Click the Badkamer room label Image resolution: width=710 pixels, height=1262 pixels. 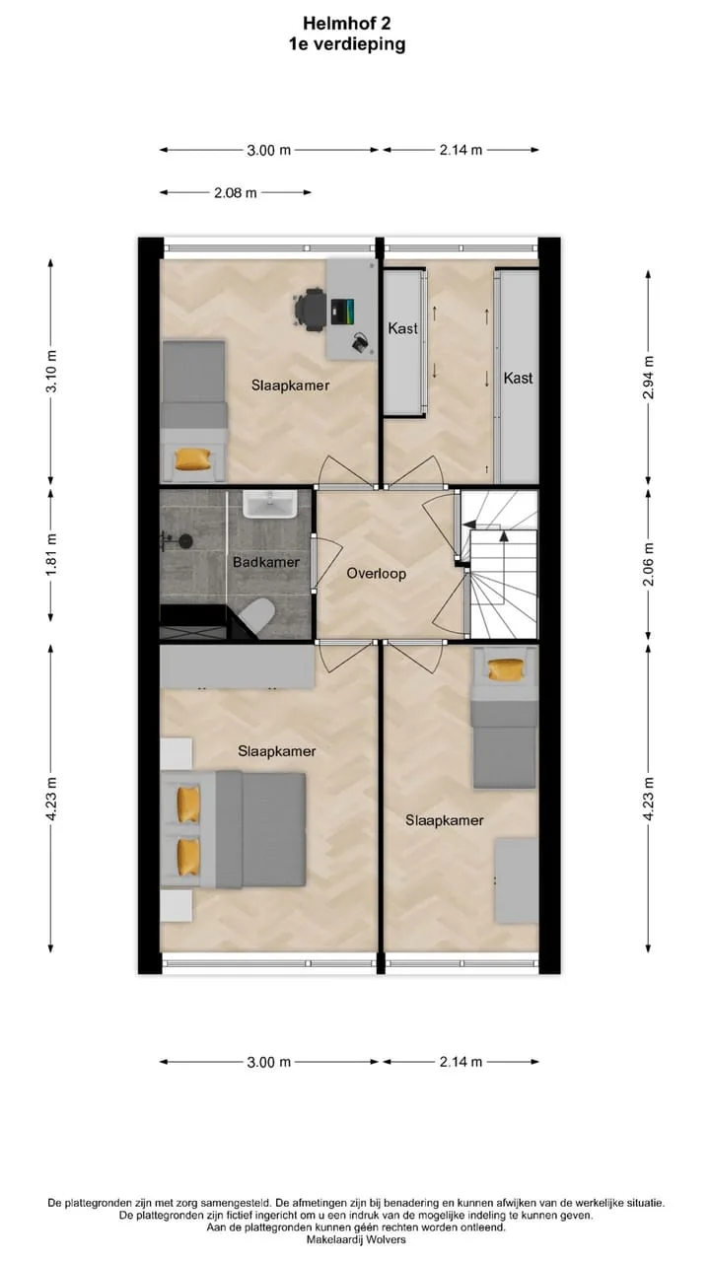coord(266,562)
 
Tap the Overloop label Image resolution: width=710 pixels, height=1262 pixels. coord(377,574)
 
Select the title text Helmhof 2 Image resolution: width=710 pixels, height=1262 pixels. coord(347,23)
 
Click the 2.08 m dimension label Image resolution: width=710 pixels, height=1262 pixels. coord(236,192)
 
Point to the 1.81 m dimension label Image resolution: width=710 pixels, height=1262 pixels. coord(51,555)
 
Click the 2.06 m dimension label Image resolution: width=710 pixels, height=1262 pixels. coord(649,564)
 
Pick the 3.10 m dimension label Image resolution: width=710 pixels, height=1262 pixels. coord(51,372)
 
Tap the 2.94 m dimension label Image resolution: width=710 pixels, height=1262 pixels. coord(649,378)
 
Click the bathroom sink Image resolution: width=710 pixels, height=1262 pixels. coord(270,503)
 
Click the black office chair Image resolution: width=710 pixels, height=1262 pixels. coord(310,309)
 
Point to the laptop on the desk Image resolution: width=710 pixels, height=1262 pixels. coord(342,312)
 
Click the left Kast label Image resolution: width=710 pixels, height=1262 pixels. coord(403,327)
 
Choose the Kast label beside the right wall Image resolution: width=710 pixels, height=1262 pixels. coord(518,378)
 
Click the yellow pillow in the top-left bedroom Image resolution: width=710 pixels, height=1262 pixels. coord(193,459)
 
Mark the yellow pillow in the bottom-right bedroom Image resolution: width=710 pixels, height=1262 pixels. coord(506,669)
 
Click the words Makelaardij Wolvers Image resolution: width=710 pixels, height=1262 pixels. coord(356,1239)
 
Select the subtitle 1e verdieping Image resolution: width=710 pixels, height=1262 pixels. coord(347,44)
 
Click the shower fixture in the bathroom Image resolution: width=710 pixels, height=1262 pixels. coord(177,541)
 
